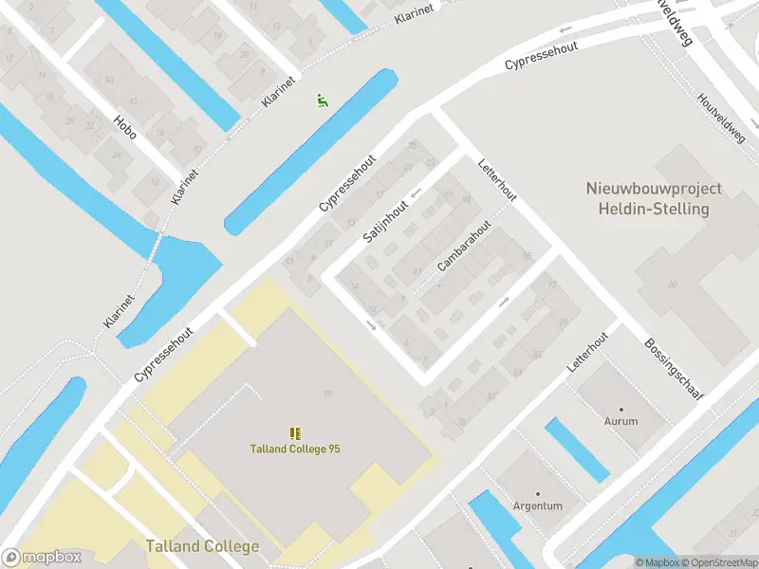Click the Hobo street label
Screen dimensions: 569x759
(124, 127)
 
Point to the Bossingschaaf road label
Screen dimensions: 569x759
(675, 371)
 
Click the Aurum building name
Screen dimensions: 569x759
(621, 420)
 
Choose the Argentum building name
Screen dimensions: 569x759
(537, 505)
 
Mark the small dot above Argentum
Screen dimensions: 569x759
(537, 494)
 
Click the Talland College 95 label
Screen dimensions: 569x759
(295, 449)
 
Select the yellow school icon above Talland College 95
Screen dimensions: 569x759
(295, 432)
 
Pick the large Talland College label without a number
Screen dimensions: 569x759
(202, 546)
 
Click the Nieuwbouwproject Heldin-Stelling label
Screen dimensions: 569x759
(654, 198)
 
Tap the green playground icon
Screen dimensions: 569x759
(322, 99)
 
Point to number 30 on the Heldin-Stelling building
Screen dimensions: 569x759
(673, 284)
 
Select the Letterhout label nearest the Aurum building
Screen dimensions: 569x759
(589, 356)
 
